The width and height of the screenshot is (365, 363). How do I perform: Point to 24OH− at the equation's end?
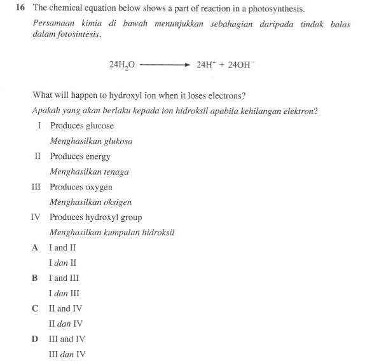pyautogui.click(x=240, y=65)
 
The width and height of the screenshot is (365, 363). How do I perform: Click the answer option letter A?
pyautogui.click(x=36, y=247)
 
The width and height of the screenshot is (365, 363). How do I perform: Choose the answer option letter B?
pyautogui.click(x=36, y=278)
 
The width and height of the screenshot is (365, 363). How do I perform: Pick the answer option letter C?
pyautogui.click(x=36, y=308)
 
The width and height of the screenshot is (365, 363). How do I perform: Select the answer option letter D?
pyautogui.click(x=36, y=339)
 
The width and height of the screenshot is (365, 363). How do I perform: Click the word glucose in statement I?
pyautogui.click(x=100, y=126)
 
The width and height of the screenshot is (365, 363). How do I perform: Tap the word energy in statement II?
pyautogui.click(x=98, y=156)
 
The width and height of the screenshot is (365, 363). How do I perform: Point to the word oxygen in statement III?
pyautogui.click(x=99, y=187)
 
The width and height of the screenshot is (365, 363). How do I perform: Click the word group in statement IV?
pyautogui.click(x=130, y=217)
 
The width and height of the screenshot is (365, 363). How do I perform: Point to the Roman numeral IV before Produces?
pyautogui.click(x=36, y=217)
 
